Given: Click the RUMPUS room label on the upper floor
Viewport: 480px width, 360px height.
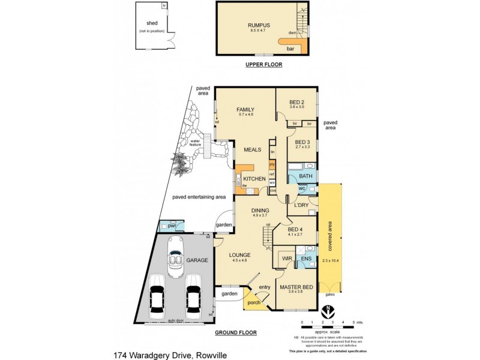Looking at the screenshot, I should (x=260, y=25).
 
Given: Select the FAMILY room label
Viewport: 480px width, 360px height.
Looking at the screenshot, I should (x=245, y=110).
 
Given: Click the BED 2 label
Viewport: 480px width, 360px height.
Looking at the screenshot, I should (x=297, y=101).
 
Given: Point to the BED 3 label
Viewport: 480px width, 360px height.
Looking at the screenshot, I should (x=302, y=142).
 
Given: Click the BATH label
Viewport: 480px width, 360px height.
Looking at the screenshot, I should (x=306, y=175).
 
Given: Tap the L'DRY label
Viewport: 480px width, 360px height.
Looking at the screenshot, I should (x=301, y=205).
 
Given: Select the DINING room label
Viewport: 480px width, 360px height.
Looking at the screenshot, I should (x=260, y=210).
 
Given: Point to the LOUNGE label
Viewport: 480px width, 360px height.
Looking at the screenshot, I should (x=240, y=255).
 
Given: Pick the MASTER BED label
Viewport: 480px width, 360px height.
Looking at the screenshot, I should (x=296, y=287).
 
